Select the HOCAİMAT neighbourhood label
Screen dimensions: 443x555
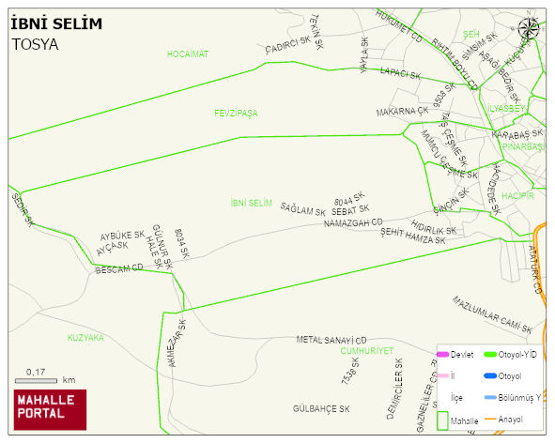click(x=188, y=54)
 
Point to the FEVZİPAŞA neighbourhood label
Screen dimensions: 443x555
click(x=236, y=113)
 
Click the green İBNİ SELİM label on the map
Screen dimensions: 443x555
click(x=251, y=203)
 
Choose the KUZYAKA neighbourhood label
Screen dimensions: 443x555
click(x=85, y=337)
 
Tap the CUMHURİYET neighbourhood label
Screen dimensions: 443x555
click(x=366, y=350)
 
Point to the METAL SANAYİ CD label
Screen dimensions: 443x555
click(x=331, y=340)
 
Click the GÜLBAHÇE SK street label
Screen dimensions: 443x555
click(x=321, y=409)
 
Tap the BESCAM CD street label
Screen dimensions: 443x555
click(x=119, y=269)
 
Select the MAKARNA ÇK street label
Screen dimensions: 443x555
click(x=402, y=112)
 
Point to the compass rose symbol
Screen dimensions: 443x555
click(x=529, y=28)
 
